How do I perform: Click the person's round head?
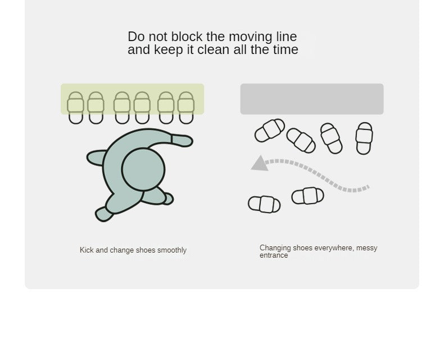click(143, 169)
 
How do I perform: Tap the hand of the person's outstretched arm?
click(182, 141)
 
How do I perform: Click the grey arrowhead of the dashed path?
click(260, 164)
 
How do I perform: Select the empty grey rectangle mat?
click(312, 99)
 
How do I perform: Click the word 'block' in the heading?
click(187, 37)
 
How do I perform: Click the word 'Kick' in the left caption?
click(87, 250)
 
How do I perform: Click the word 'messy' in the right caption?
click(366, 248)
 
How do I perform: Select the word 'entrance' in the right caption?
click(274, 255)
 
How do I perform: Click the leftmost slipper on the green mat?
click(76, 107)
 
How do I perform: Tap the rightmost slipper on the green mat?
click(186, 107)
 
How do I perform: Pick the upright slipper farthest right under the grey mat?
click(364, 138)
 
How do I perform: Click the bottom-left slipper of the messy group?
click(264, 204)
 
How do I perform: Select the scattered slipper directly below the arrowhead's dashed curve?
click(307, 196)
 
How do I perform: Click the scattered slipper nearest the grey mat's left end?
click(270, 130)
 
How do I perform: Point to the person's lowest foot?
click(104, 214)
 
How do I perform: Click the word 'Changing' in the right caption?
click(275, 248)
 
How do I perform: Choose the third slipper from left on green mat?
click(122, 107)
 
